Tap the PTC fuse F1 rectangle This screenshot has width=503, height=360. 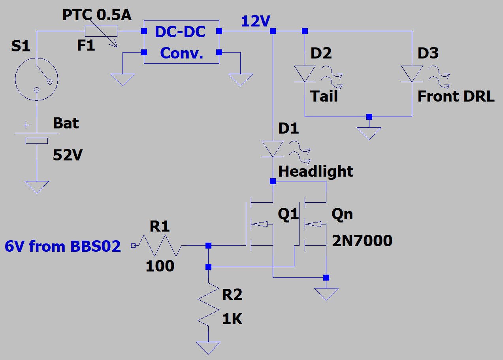(101, 31)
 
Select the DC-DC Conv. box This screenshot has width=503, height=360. (181, 42)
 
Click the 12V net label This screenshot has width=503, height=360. (255, 22)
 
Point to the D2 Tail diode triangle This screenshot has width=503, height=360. (305, 74)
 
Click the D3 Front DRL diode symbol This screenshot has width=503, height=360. (412, 74)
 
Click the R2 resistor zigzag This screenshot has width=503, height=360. (208, 304)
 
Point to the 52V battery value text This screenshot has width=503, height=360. (68, 155)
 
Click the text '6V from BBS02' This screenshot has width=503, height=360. (62, 246)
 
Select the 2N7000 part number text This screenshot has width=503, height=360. (362, 240)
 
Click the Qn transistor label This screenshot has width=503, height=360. (342, 214)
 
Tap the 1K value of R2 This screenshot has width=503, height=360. (232, 319)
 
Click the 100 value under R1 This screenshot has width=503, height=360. (160, 266)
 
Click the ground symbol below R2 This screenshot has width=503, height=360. (208, 347)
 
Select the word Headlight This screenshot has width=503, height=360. (316, 172)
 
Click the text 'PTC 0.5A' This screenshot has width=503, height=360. (97, 15)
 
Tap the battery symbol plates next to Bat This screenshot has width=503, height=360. (36, 137)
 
